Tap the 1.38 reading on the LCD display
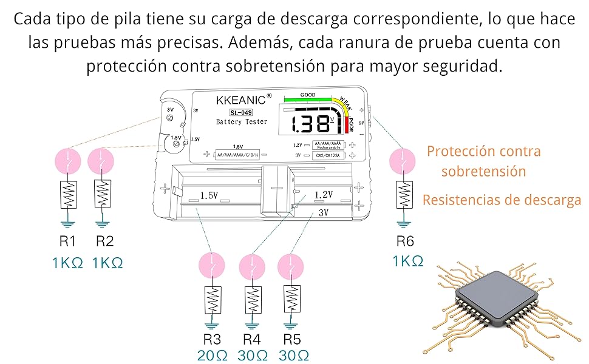(x=310, y=123)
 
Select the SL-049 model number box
(x=241, y=112)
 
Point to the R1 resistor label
(x=68, y=241)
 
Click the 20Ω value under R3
(x=213, y=355)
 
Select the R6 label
(x=405, y=241)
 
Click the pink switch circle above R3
(x=212, y=266)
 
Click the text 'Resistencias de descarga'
(x=502, y=200)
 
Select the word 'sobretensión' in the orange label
(x=483, y=171)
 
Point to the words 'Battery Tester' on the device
(x=242, y=122)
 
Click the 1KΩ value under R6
(x=408, y=261)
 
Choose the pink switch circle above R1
(x=68, y=161)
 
